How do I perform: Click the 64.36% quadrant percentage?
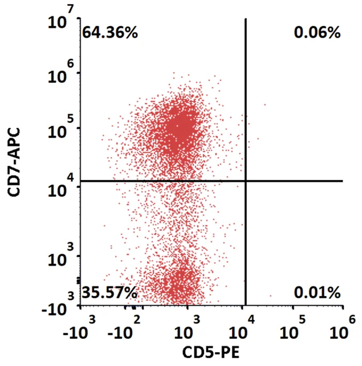click(110, 33)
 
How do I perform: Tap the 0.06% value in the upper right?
click(317, 33)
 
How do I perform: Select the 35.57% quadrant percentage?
click(109, 294)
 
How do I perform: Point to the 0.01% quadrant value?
click(317, 294)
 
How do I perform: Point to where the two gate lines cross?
click(246, 181)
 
